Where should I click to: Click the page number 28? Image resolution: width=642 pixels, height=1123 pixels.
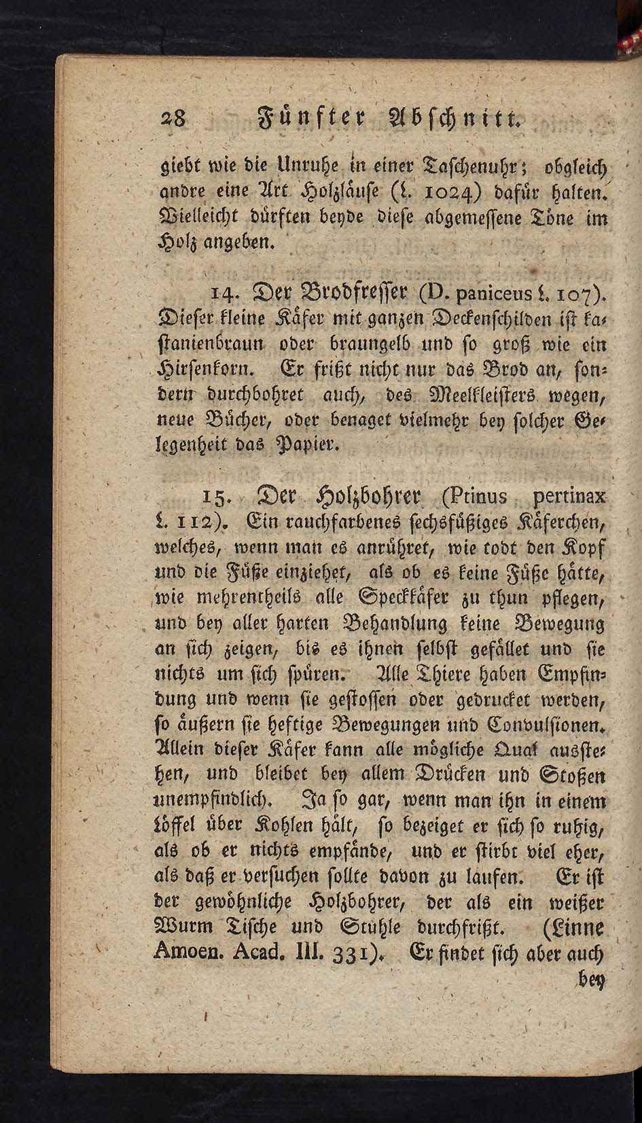pyautogui.click(x=173, y=120)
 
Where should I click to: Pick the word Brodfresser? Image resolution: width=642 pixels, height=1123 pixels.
pyautogui.click(x=338, y=293)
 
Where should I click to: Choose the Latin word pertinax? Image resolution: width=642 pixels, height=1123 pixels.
pyautogui.click(x=569, y=497)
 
